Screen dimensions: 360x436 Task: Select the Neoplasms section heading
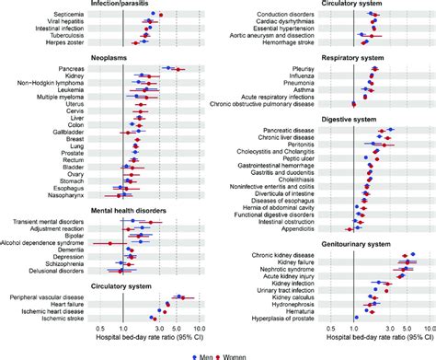pos(40,57)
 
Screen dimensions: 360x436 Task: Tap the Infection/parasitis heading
pos(56,5)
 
